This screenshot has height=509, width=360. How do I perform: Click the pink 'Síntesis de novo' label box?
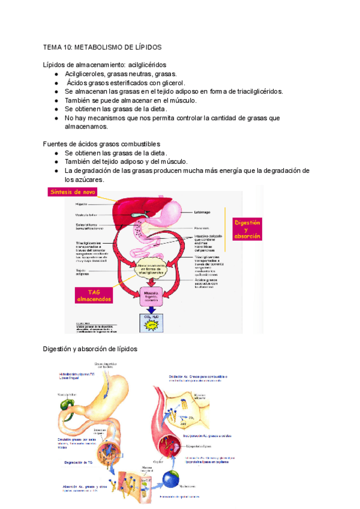point(71,193)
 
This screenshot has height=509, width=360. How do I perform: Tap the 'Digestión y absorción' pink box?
point(247,229)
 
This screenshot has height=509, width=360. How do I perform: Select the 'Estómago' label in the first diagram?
point(202,212)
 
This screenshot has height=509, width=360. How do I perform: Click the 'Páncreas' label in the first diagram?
point(202,228)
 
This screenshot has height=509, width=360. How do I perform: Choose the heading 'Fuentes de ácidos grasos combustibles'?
point(102,144)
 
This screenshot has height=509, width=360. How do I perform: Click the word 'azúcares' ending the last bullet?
point(84,179)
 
